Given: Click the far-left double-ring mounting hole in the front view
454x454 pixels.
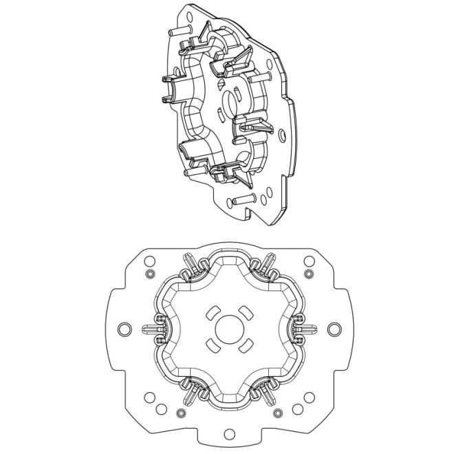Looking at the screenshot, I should [122, 329].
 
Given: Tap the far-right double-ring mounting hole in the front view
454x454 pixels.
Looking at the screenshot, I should [334, 329].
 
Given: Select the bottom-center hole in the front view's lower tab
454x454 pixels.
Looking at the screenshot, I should [228, 435].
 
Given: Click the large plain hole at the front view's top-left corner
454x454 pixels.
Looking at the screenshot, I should [148, 261].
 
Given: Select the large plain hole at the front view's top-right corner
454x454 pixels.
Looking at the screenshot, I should [308, 261].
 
